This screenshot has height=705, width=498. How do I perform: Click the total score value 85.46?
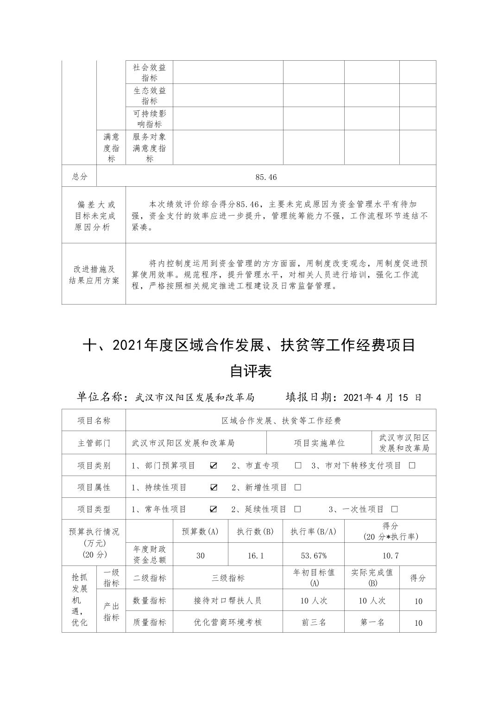266,177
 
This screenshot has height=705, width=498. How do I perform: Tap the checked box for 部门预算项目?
214,465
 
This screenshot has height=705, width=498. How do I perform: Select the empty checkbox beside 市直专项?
298,465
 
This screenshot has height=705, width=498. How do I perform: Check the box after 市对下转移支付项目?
412,465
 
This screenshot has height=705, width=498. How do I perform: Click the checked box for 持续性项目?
214,487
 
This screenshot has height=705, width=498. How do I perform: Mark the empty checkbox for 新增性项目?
298,487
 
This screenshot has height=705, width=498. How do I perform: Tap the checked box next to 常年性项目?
214,509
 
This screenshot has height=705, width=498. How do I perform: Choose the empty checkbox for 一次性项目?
395,509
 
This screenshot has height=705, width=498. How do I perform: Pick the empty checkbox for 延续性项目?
298,509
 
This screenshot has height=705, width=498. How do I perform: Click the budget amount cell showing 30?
200,555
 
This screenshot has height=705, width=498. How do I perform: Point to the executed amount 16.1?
255,555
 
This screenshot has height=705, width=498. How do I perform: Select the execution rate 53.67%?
314,555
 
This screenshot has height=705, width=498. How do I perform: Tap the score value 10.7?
391,555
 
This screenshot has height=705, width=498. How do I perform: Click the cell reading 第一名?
372,622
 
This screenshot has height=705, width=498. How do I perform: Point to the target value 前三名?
314,622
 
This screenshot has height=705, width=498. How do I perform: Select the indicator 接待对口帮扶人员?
227,600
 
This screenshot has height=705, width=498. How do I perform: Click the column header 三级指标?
228,578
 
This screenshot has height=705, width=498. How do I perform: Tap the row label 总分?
79,177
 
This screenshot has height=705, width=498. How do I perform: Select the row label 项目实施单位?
319,443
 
